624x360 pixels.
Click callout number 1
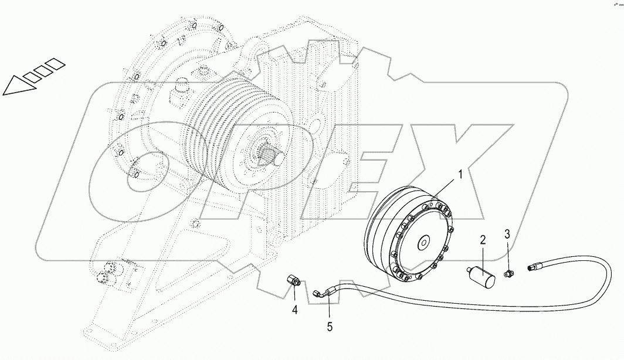pyautogui.click(x=461, y=174)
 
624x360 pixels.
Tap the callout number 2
pyautogui.click(x=483, y=239)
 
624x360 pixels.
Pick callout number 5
pyautogui.click(x=330, y=327)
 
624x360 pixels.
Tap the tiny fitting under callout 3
pyautogui.click(x=509, y=272)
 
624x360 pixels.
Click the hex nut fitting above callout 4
pyautogui.click(x=293, y=280)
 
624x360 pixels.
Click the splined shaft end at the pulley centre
pyautogui.click(x=269, y=156)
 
